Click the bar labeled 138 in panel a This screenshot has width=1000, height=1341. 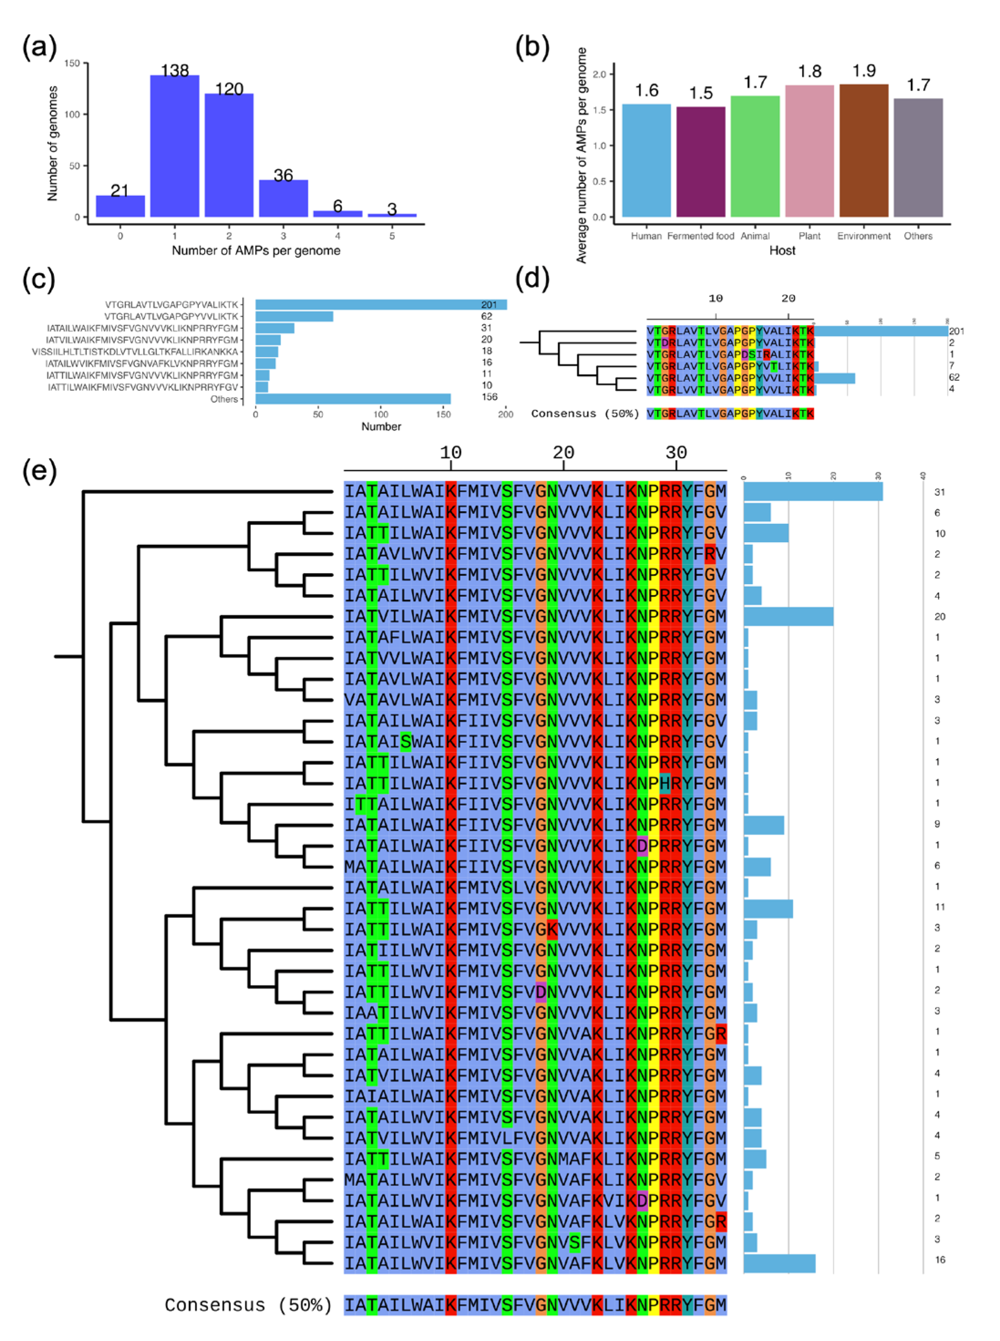click(x=174, y=146)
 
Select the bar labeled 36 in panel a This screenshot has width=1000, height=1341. click(x=283, y=198)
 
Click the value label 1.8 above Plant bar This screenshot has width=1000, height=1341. click(x=809, y=72)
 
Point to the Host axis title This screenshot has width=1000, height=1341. click(x=782, y=250)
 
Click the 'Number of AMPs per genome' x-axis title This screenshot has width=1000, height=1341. click(x=256, y=250)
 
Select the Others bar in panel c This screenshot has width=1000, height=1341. click(x=353, y=399)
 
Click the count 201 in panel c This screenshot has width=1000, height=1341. click(x=488, y=305)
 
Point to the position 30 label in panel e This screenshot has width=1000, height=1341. click(x=676, y=453)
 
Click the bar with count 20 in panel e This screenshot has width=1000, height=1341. click(x=788, y=616)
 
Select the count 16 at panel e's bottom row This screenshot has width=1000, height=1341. click(x=939, y=1259)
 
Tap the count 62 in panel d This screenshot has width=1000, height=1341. click(x=954, y=377)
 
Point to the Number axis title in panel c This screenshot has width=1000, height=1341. click(x=381, y=427)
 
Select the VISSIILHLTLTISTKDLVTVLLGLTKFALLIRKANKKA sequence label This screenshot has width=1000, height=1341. click(x=135, y=352)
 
